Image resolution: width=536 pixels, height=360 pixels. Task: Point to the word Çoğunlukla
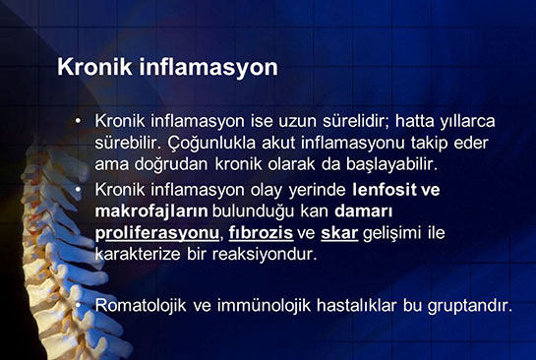(x=209, y=142)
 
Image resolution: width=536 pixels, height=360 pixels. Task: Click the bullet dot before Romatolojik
(x=78, y=305)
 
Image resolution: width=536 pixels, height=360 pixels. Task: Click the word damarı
(x=366, y=210)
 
